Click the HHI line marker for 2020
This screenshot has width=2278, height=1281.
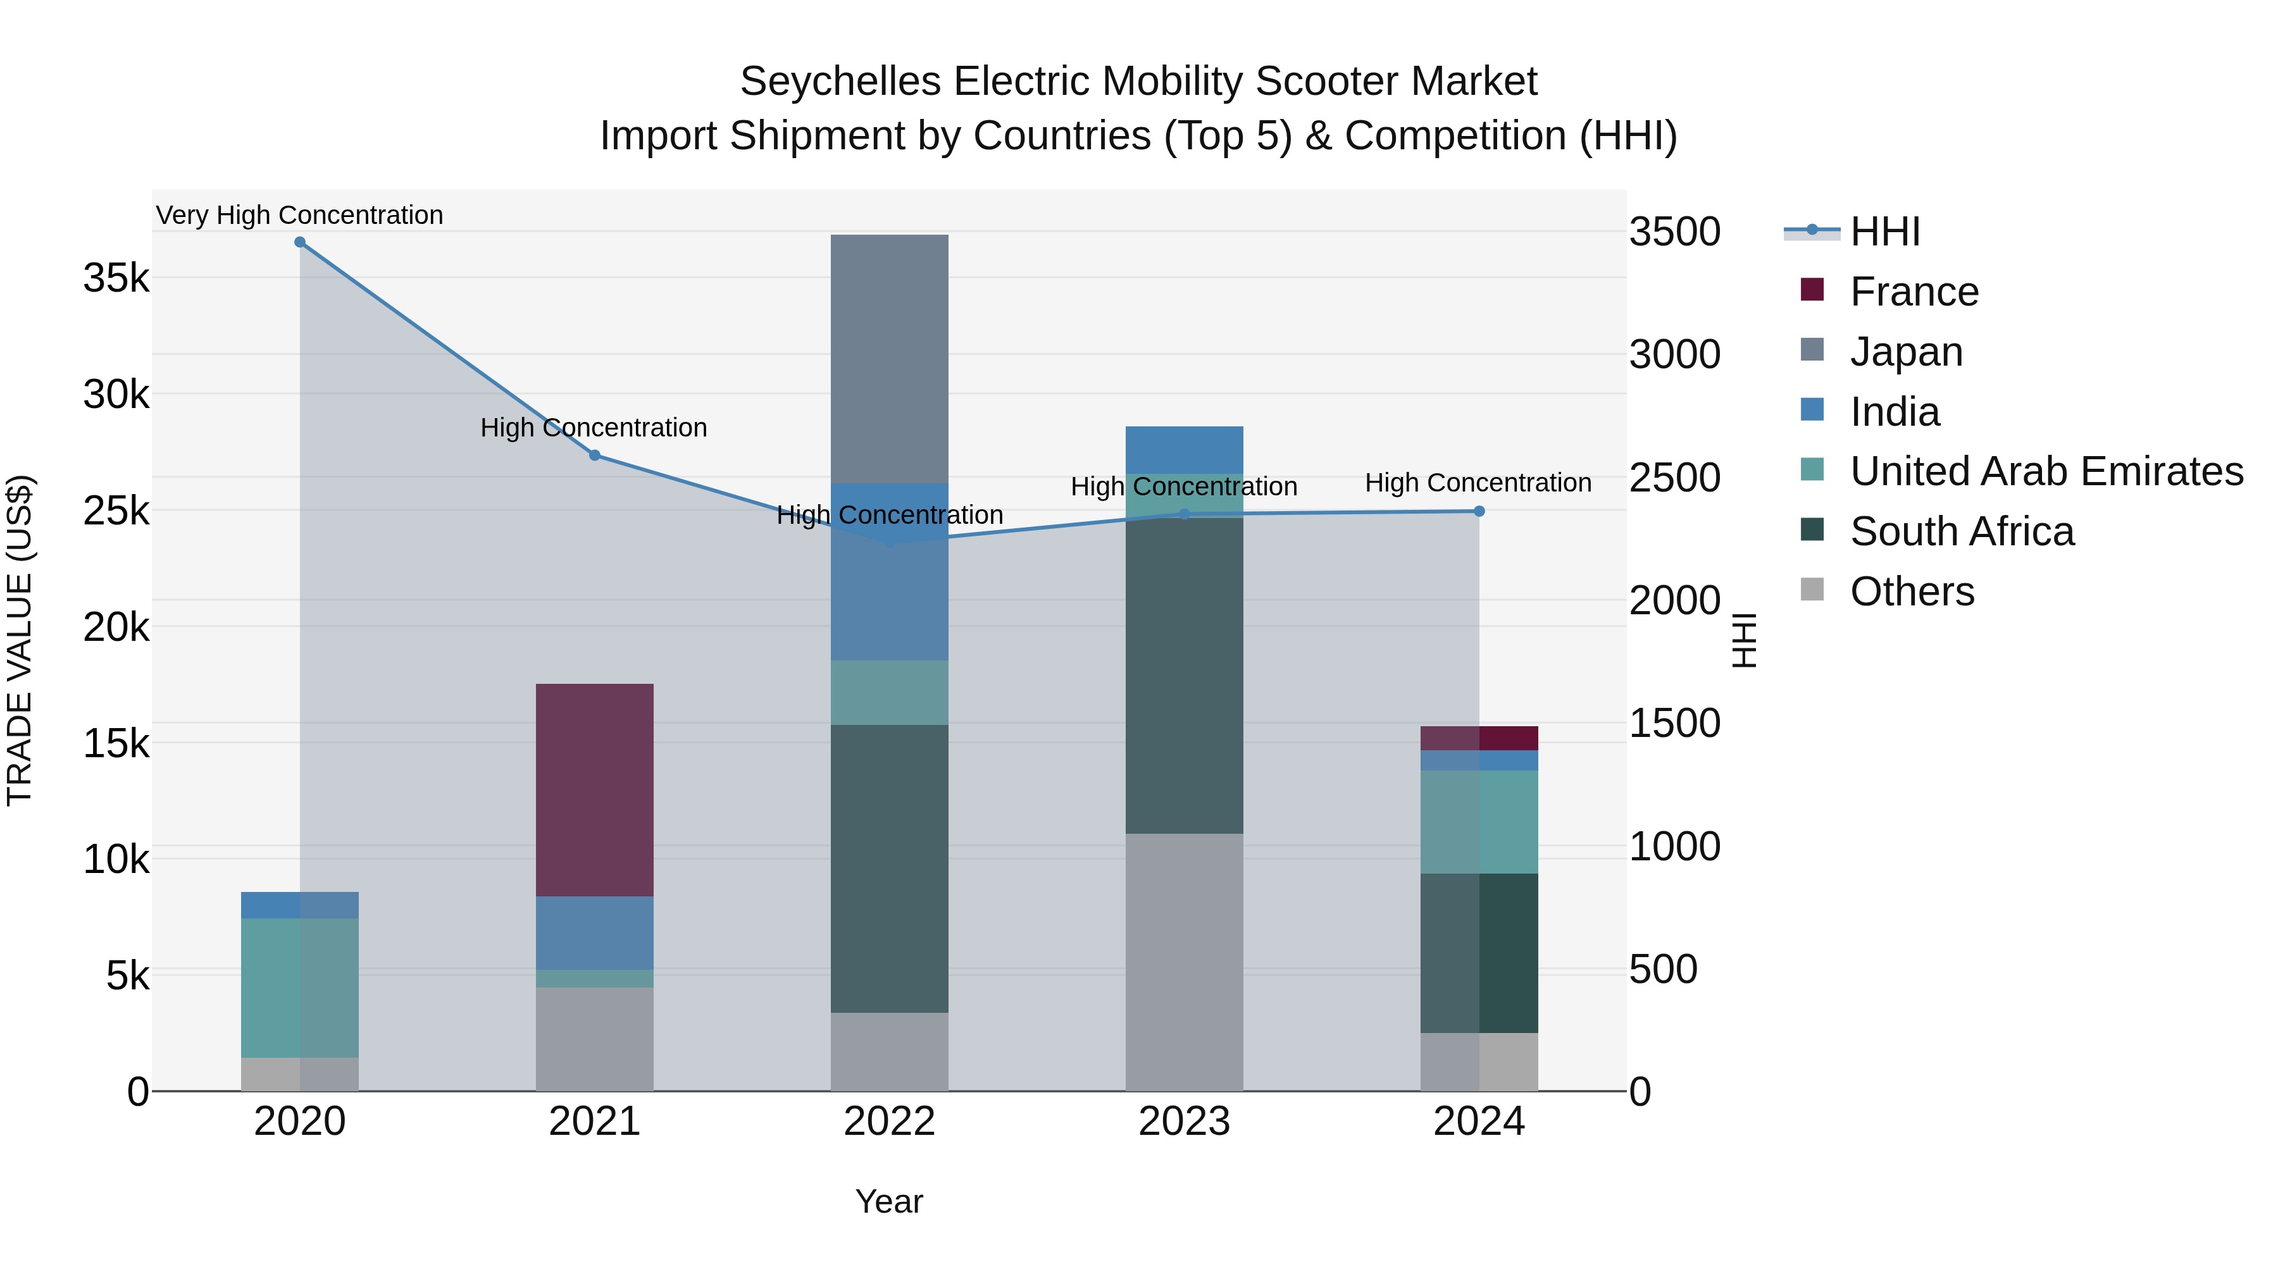pyautogui.click(x=300, y=242)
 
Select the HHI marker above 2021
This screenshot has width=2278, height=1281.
pyautogui.click(x=594, y=455)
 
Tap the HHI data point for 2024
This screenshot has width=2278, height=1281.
pyautogui.click(x=1479, y=511)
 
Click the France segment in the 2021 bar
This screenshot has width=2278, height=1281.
pyautogui.click(x=594, y=789)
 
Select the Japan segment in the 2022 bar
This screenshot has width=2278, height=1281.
pyautogui.click(x=889, y=358)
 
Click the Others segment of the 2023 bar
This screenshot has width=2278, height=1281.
pyautogui.click(x=1184, y=961)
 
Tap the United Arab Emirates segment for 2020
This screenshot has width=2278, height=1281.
pyautogui.click(x=300, y=987)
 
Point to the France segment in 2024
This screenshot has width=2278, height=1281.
pyautogui.click(x=1479, y=738)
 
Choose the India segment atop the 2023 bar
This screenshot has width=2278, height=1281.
pyautogui.click(x=1184, y=449)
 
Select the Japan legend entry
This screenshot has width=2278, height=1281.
pyautogui.click(x=1906, y=352)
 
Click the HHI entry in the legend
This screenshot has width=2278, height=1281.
pyautogui.click(x=1884, y=232)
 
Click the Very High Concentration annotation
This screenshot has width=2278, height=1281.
pyautogui.click(x=300, y=215)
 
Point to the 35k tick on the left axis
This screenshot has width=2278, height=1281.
pyautogui.click(x=116, y=278)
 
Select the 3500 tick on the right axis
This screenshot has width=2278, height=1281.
pyautogui.click(x=1674, y=232)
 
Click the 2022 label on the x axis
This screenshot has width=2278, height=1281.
pyautogui.click(x=889, y=1122)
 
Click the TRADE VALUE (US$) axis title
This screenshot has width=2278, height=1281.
pyautogui.click(x=20, y=640)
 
